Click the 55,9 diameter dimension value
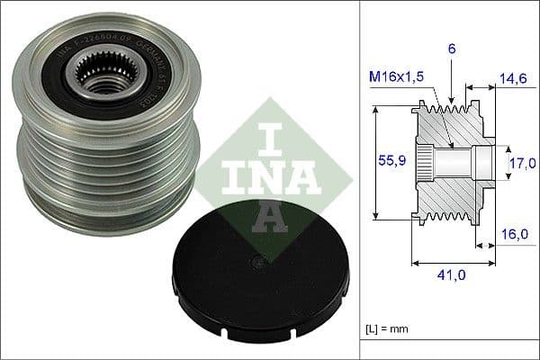387,162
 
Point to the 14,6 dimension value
512,80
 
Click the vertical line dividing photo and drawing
358,180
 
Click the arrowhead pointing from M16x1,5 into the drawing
446,142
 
